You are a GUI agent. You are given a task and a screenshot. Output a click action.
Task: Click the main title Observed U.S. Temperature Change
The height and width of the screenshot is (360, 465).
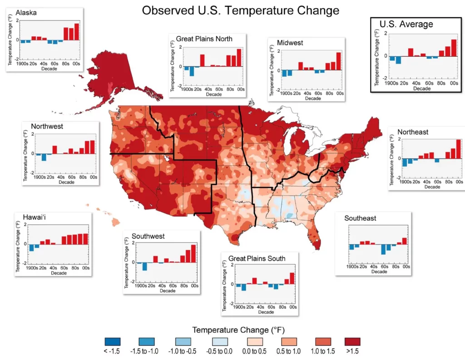click(240, 10)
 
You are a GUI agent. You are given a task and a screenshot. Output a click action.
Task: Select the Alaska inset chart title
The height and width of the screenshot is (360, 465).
click(26, 13)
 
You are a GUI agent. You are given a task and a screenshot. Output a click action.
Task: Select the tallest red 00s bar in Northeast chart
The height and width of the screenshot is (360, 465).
click(459, 149)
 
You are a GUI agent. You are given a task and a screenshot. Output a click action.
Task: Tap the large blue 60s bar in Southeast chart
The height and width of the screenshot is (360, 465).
click(384, 249)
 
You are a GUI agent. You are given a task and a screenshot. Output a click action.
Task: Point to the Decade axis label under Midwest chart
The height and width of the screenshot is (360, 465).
click(313, 98)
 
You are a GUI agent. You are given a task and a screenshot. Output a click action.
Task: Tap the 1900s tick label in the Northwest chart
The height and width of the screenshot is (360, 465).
click(40, 177)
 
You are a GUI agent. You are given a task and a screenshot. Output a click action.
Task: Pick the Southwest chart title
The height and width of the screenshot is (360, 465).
click(148, 236)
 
